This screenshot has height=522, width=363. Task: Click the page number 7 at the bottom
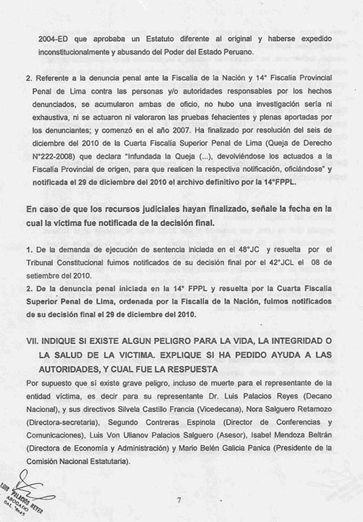[179, 500]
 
